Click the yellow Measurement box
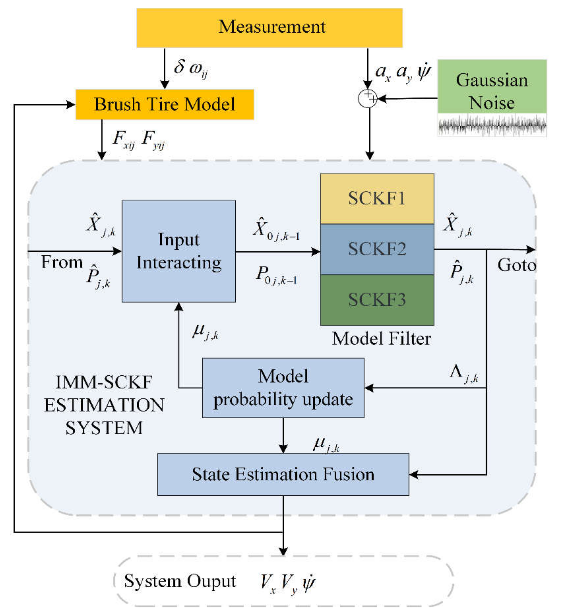click(x=269, y=27)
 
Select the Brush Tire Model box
click(x=165, y=104)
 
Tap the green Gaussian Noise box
click(x=492, y=86)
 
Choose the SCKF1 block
click(x=377, y=198)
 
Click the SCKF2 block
click(x=377, y=249)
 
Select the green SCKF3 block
click(x=377, y=300)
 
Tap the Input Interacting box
click(x=179, y=251)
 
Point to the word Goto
click(x=516, y=265)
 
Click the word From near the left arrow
click(x=62, y=262)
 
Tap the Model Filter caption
click(x=381, y=339)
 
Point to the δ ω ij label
click(x=191, y=69)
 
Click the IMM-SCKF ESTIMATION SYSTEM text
click(x=104, y=405)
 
